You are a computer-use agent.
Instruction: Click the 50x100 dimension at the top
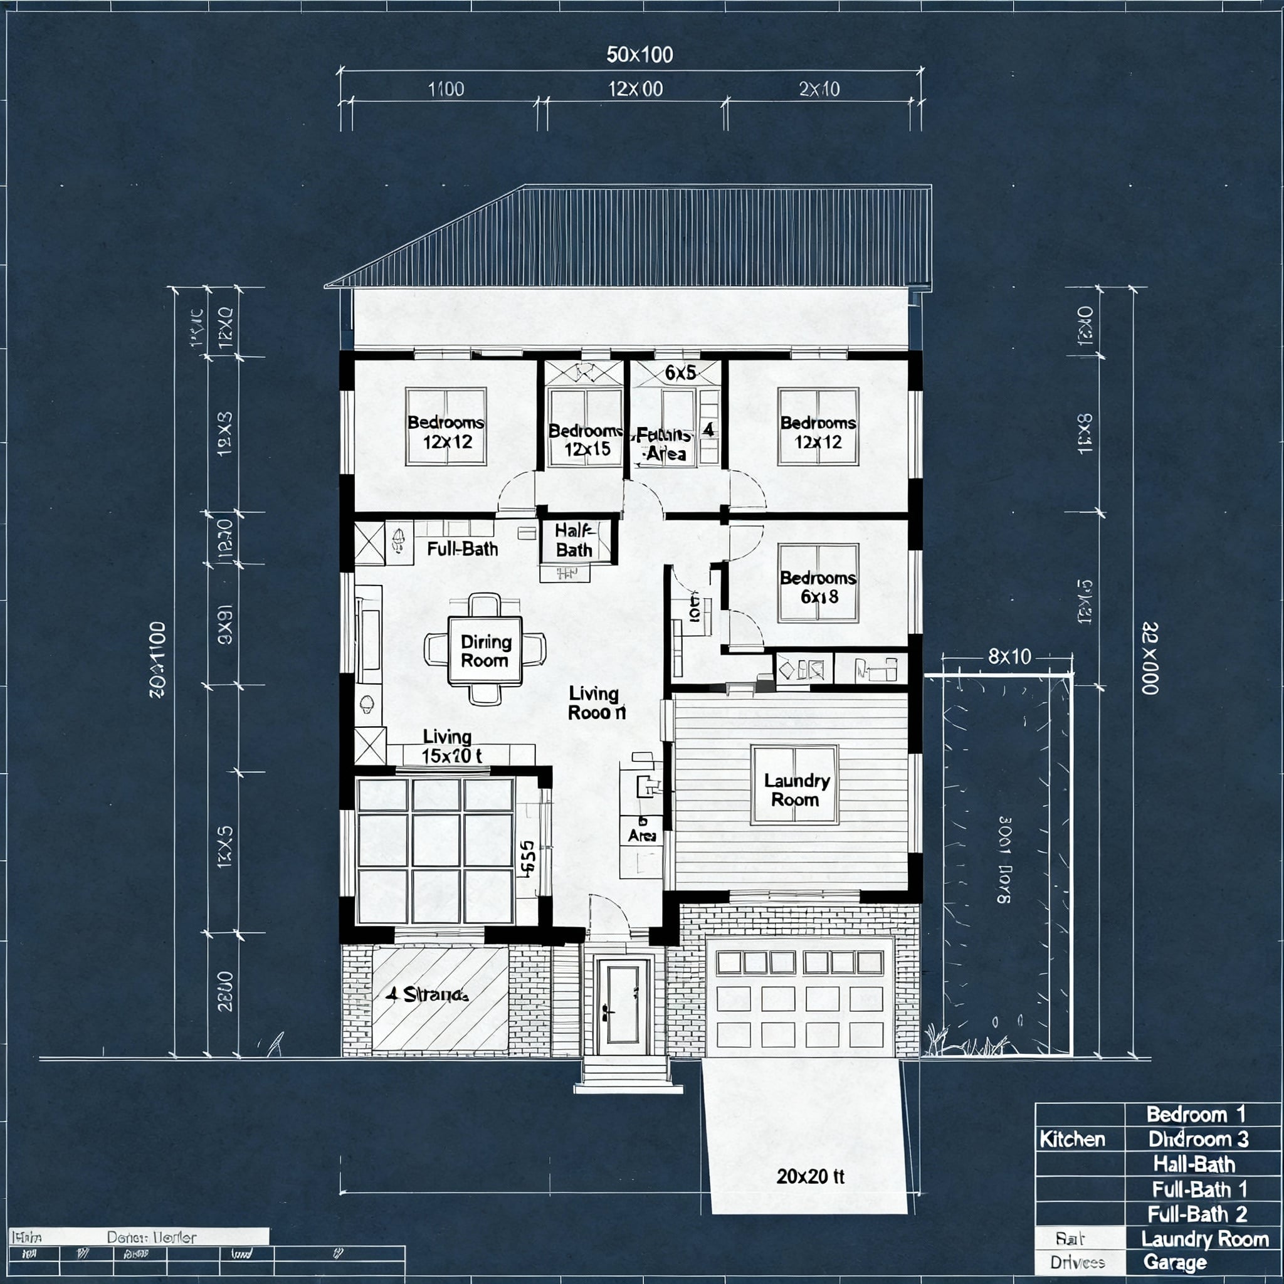pyautogui.click(x=639, y=55)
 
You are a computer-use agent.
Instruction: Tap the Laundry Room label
pyautogui.click(x=796, y=789)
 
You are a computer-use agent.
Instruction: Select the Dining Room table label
pyautogui.click(x=485, y=651)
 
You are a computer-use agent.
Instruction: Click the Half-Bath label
pyautogui.click(x=574, y=540)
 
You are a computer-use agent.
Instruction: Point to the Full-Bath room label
pyautogui.click(x=462, y=549)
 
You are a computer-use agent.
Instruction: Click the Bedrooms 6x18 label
pyautogui.click(x=818, y=587)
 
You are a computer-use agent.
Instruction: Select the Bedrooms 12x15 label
pyautogui.click(x=586, y=439)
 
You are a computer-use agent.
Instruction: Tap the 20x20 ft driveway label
pyautogui.click(x=810, y=1176)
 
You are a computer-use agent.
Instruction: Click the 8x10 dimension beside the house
pyautogui.click(x=1009, y=656)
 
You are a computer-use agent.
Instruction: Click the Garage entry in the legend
pyautogui.click(x=1174, y=1261)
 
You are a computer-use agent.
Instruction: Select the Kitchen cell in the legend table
pyautogui.click(x=1072, y=1139)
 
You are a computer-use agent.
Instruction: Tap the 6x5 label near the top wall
pyautogui.click(x=680, y=373)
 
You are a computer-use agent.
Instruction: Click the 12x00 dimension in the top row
pyautogui.click(x=635, y=89)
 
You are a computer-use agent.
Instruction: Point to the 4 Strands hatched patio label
pyautogui.click(x=428, y=994)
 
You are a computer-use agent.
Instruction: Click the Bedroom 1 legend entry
pyautogui.click(x=1195, y=1114)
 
